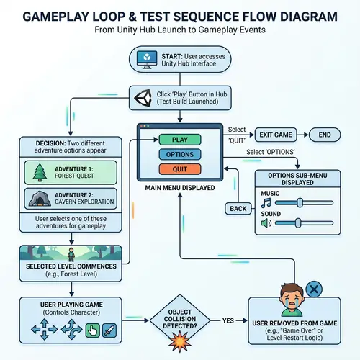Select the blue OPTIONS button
click(180, 154)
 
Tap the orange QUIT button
click(180, 169)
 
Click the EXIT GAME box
click(276, 135)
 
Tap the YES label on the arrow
click(230, 320)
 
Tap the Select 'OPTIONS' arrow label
click(271, 152)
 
